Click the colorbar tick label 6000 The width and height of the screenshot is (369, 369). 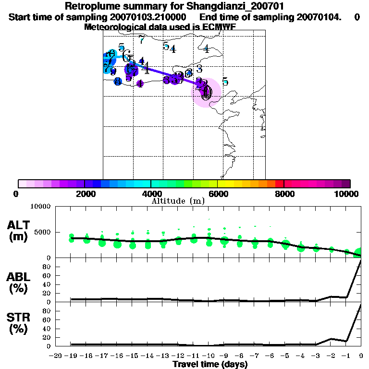point(217,194)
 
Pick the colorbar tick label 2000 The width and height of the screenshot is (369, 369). point(85,194)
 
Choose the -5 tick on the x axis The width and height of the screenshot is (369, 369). point(285,356)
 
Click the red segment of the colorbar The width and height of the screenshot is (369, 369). point(279,184)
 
